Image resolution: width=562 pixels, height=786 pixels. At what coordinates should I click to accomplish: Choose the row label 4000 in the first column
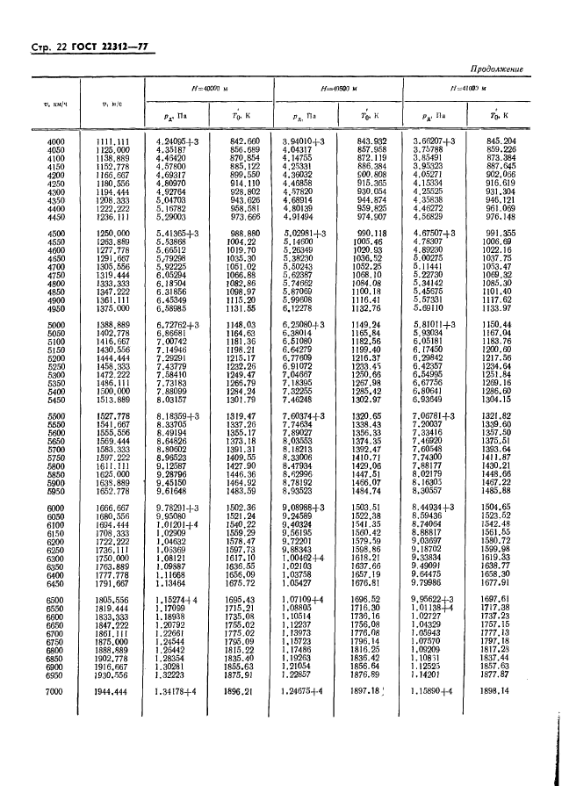click(56, 141)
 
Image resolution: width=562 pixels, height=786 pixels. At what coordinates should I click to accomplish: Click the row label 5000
click(56, 324)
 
